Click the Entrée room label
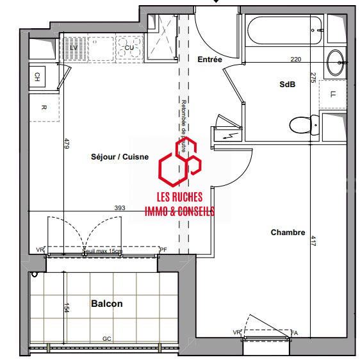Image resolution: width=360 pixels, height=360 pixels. (210, 60)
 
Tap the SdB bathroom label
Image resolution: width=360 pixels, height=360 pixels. (288, 85)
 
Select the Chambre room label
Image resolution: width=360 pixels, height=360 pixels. (288, 233)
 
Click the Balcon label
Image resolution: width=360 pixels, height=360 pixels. (106, 304)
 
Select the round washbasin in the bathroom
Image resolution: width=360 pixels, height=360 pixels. (336, 62)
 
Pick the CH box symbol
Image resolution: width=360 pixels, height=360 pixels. (37, 77)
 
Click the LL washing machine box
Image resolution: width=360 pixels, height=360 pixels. (333, 95)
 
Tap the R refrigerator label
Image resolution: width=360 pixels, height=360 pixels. (44, 108)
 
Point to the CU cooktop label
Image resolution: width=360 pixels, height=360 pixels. (129, 47)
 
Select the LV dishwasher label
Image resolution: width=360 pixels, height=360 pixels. (74, 48)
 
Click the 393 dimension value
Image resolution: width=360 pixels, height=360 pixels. (119, 208)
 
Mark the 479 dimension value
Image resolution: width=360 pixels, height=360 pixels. (66, 144)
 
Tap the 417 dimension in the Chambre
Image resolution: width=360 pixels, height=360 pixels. (313, 242)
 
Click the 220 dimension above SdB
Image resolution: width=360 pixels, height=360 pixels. (295, 60)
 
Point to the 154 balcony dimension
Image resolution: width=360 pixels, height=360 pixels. (66, 307)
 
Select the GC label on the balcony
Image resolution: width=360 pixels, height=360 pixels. (107, 339)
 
